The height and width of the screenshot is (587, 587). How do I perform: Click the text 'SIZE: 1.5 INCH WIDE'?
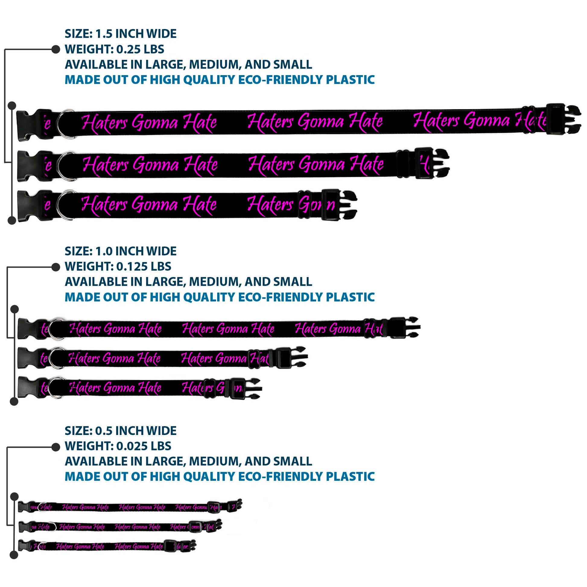click(x=120, y=34)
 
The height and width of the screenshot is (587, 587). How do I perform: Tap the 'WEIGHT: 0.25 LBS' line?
click(x=114, y=49)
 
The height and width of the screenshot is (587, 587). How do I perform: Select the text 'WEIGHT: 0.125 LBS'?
click(x=118, y=266)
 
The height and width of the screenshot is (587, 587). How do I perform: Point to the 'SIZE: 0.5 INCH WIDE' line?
click(x=120, y=430)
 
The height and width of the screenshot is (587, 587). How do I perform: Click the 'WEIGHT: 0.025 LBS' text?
click(x=118, y=446)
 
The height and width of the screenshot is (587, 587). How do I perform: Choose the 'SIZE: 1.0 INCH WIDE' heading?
click(x=120, y=251)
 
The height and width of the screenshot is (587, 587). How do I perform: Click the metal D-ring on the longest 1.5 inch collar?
click(x=65, y=124)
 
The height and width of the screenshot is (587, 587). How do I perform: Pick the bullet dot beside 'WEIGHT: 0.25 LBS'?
click(x=56, y=49)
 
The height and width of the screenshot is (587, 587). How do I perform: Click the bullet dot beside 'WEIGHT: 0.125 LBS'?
click(x=56, y=267)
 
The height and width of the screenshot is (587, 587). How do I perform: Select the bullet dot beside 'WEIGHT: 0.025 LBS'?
click(x=56, y=447)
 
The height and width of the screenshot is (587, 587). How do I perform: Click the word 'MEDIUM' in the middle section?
click(x=214, y=282)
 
